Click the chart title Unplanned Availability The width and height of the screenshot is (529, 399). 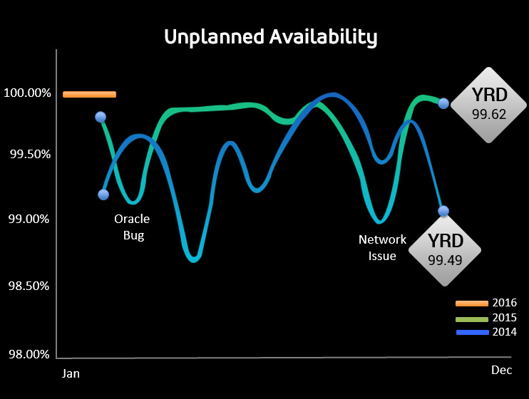[270, 37]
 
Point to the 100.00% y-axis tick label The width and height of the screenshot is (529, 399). [26, 93]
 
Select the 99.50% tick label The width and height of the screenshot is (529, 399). [28, 155]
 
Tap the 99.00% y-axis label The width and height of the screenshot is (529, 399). [28, 219]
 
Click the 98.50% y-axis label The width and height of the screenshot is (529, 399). [28, 286]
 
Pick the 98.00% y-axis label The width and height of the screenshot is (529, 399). [28, 354]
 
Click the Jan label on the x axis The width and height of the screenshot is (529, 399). [71, 374]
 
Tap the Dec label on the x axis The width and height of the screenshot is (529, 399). [501, 370]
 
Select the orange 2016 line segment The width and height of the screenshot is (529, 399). [89, 94]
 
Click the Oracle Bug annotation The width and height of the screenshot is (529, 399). [132, 227]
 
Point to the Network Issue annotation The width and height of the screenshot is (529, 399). [382, 247]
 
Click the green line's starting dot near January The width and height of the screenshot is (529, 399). [101, 117]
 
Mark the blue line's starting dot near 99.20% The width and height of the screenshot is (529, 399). [103, 195]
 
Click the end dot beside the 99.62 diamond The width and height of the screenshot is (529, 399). [443, 103]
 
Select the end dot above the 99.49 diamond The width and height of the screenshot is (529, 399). [443, 211]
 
